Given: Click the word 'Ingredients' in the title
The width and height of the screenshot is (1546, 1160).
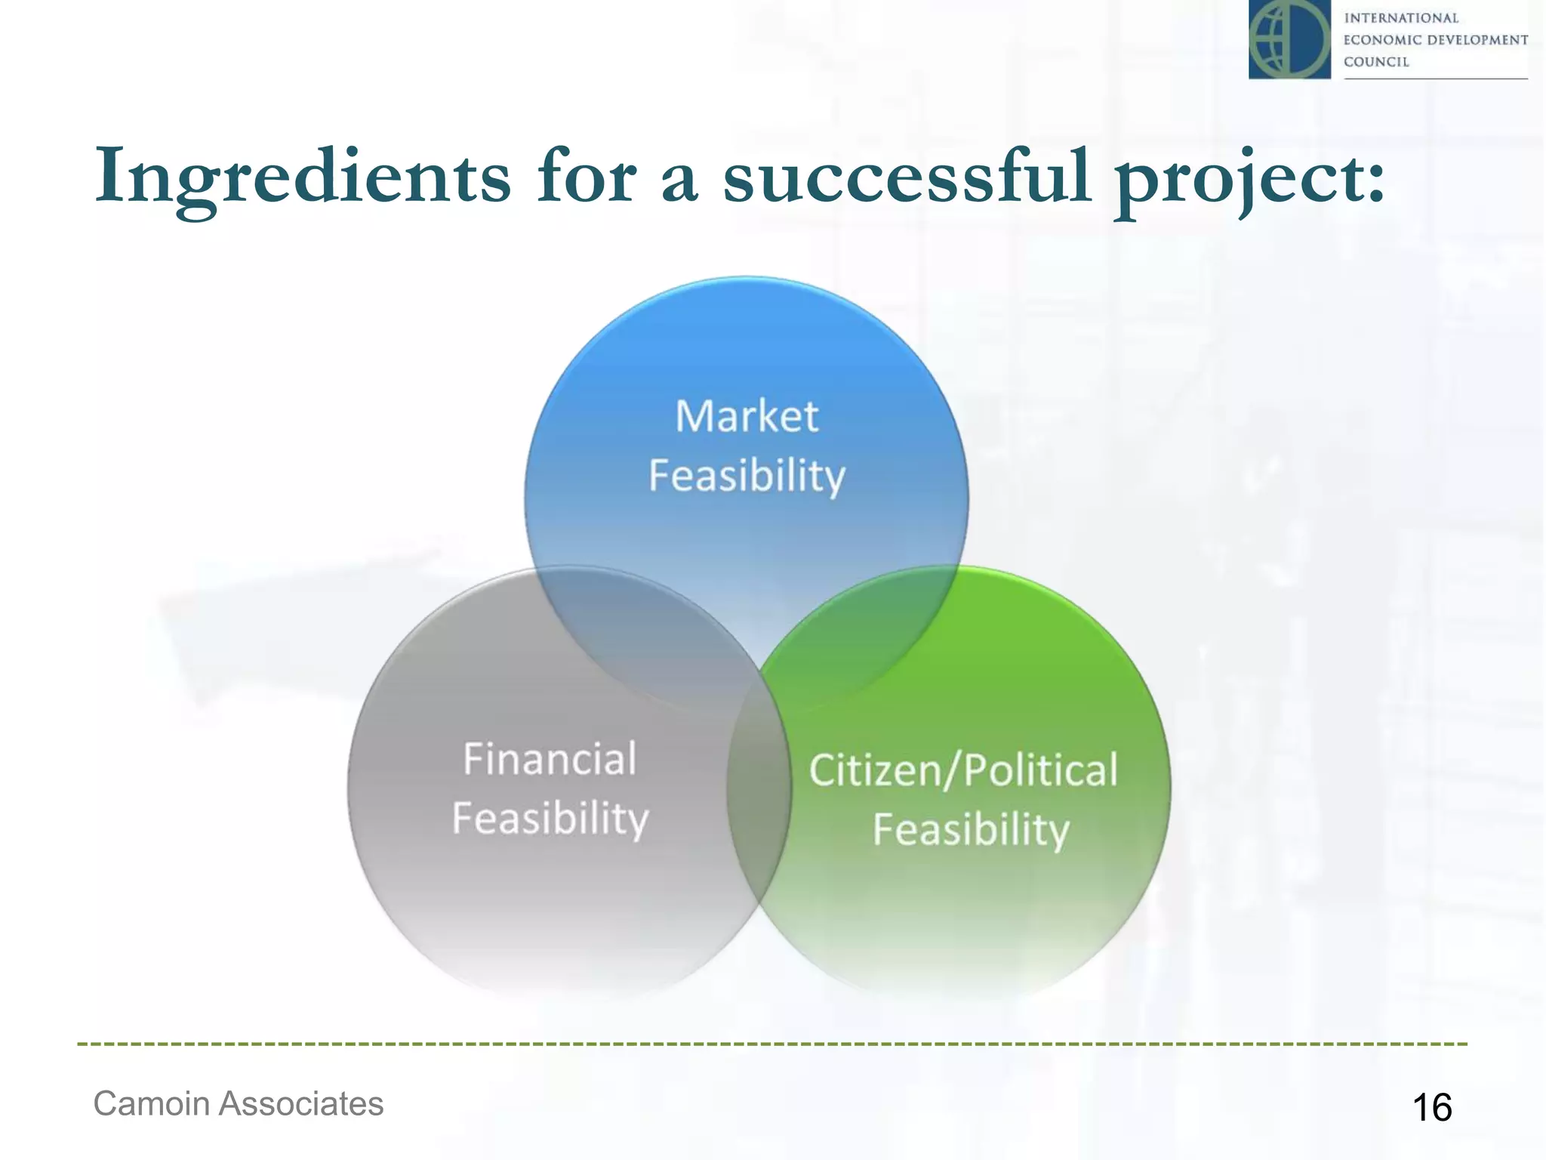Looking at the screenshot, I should [x=302, y=177].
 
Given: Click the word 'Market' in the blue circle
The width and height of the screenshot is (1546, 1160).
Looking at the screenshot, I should [x=747, y=416].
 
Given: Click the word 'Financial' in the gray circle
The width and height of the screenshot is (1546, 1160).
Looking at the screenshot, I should [x=550, y=759].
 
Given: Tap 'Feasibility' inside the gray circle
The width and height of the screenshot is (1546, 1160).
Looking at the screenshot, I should [x=550, y=819].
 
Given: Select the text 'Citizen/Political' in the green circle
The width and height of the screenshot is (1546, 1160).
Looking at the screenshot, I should [x=963, y=770].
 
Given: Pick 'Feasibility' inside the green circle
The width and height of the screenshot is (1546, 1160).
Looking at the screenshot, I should [x=971, y=830].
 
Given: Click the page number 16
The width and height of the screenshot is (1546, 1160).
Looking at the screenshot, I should [x=1431, y=1108].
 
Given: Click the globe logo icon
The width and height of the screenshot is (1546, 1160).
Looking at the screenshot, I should [x=1289, y=39].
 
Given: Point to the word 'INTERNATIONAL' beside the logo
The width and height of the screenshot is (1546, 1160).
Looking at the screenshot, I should [x=1400, y=18].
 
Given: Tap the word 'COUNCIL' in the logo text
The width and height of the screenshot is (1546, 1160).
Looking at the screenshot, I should [x=1376, y=62].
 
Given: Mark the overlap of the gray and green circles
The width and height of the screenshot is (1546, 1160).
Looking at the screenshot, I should [x=759, y=785].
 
